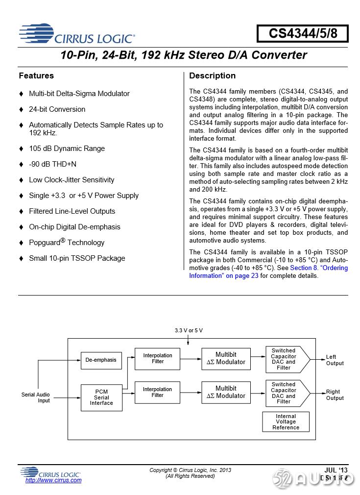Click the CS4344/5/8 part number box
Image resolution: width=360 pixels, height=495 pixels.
302,34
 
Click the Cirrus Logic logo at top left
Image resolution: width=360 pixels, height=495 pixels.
77,34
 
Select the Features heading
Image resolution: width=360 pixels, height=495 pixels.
36,76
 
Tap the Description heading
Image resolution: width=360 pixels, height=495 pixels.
212,76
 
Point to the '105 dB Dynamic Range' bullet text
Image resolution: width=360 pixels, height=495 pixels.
67,148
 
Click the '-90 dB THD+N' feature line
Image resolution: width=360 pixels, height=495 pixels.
52,164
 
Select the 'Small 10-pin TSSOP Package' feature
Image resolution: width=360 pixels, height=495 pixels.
77,258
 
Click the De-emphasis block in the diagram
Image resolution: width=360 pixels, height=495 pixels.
101,360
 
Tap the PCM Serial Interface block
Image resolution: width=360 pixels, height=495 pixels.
101,397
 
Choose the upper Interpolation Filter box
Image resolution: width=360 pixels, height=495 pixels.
157,359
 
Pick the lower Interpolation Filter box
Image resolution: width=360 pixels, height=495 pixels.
157,393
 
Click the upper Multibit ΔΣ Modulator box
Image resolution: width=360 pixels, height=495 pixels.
226,359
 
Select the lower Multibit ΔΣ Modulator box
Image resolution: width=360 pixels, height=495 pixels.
226,393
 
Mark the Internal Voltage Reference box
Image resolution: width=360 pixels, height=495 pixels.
286,421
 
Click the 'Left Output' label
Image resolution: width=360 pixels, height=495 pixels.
335,360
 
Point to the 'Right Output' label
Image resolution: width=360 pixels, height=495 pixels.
335,395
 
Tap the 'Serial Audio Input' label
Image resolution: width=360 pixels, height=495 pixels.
36,397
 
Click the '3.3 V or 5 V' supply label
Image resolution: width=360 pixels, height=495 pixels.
189,331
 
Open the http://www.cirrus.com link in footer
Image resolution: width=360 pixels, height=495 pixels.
53,480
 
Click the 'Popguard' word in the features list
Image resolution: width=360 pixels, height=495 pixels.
44,243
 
